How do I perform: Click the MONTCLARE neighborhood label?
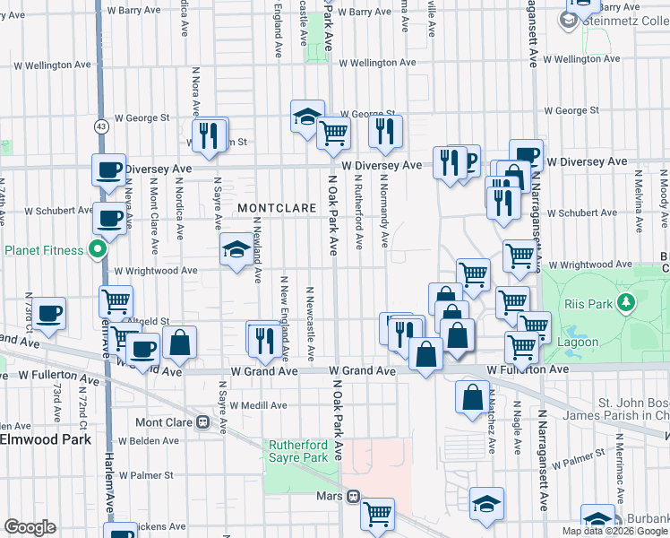(277, 207)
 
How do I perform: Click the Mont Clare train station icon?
(203, 422)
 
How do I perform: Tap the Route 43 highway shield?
(103, 126)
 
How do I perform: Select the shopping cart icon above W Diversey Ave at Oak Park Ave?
(333, 134)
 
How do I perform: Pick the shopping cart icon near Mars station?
(379, 514)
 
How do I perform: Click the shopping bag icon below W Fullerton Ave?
(472, 396)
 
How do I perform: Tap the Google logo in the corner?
(30, 527)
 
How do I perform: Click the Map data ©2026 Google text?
(615, 531)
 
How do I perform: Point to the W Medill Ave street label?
(258, 404)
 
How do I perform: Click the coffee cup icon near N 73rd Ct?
(50, 313)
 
